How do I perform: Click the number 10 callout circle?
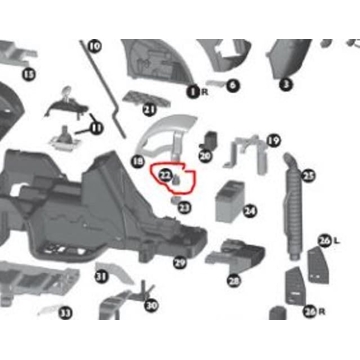click(96, 46)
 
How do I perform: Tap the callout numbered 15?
click(28, 74)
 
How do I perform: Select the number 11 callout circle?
click(96, 127)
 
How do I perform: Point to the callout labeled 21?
click(149, 109)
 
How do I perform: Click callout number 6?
click(232, 86)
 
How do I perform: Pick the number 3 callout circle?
click(285, 86)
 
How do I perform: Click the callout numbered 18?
click(139, 160)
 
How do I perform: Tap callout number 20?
click(205, 155)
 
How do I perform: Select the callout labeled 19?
click(273, 141)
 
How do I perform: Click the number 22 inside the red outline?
click(165, 176)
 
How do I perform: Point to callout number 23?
click(184, 206)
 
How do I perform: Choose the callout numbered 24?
click(249, 211)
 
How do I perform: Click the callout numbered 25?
click(308, 176)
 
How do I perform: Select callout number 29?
click(180, 263)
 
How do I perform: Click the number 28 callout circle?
click(234, 281)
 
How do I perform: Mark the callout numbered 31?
click(101, 276)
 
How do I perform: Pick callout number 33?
click(66, 313)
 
